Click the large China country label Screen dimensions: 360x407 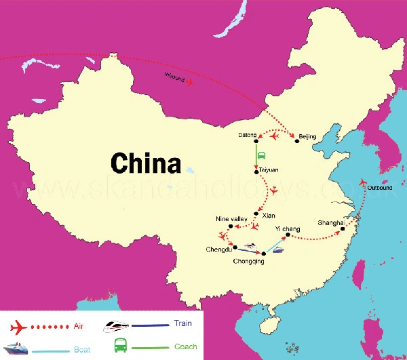(146, 163)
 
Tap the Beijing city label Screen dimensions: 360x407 (307, 137)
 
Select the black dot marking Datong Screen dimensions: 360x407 (256, 142)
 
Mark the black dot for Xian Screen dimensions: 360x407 (256, 214)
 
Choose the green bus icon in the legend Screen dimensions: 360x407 (119, 345)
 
